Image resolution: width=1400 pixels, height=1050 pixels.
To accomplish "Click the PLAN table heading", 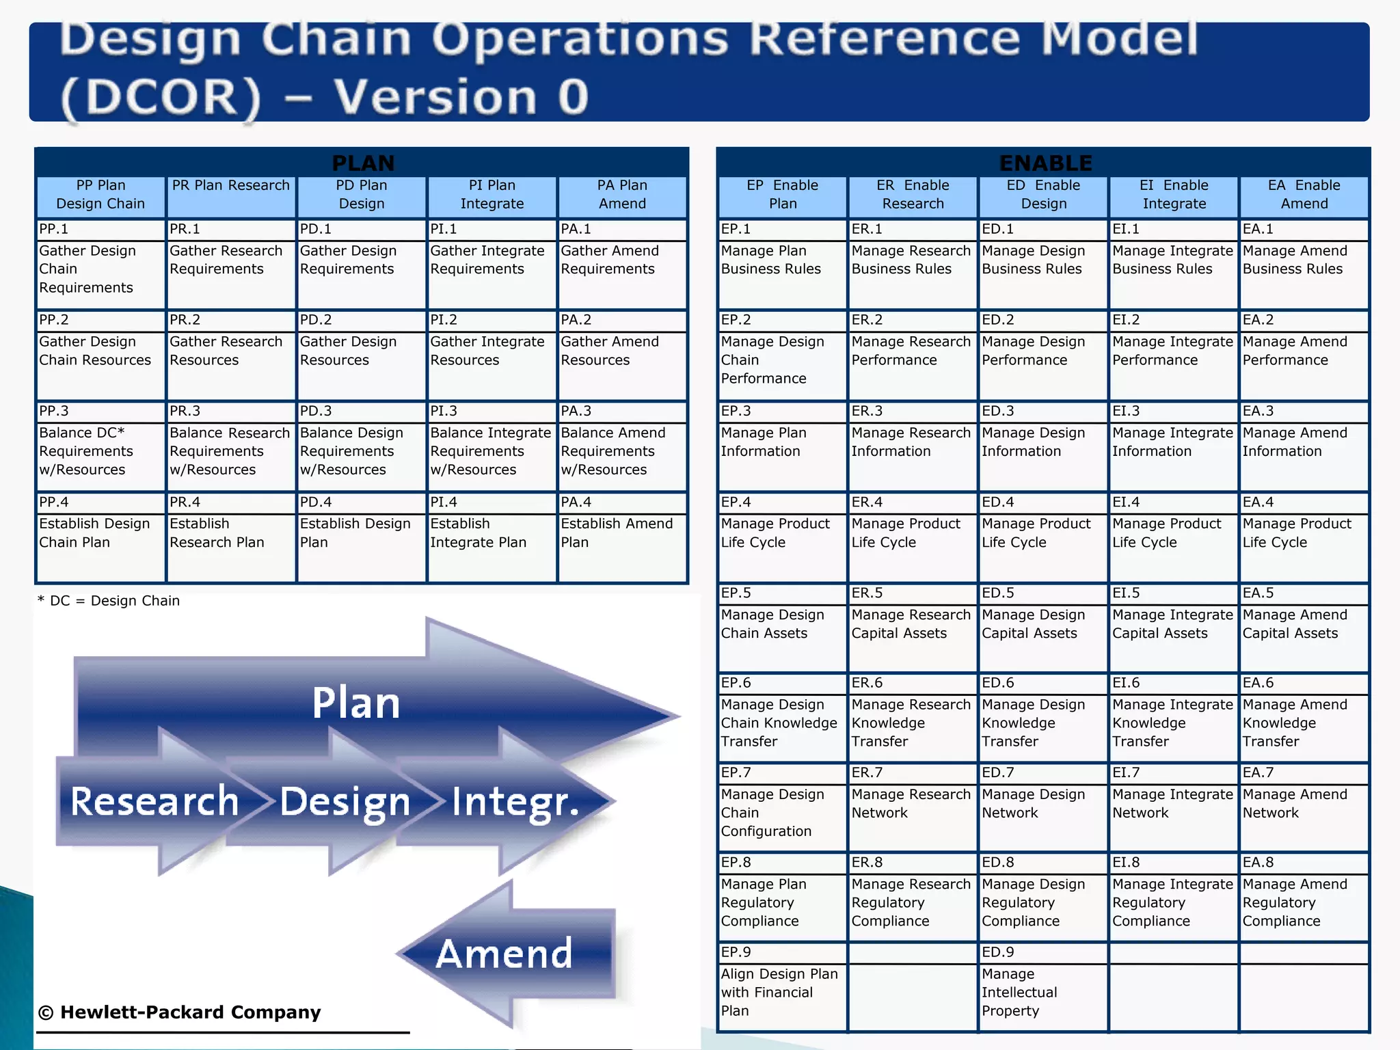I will pos(362,163).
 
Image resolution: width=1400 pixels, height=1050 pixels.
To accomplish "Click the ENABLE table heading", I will pos(1045,163).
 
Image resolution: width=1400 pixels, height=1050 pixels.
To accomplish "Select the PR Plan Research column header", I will pos(231,186).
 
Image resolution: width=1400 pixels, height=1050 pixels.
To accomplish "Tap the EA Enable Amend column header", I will pos(1304,195).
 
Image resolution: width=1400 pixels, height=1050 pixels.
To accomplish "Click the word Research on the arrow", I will pos(154,801).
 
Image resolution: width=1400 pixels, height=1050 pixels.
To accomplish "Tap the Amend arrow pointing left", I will pos(504,954).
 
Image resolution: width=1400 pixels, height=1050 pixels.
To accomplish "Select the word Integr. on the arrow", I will pos(515,801).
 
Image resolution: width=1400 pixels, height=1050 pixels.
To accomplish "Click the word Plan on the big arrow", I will pos(355,703).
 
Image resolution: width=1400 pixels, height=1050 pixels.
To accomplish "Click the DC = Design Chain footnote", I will pos(109,601).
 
